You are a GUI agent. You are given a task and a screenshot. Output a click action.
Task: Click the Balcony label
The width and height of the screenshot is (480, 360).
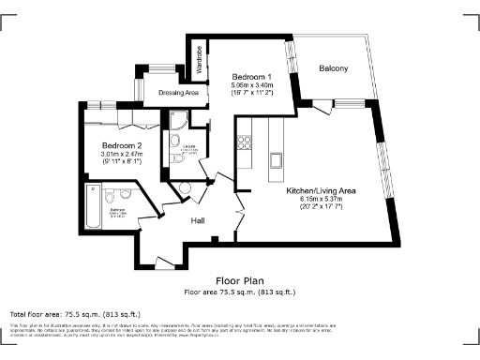[333, 69]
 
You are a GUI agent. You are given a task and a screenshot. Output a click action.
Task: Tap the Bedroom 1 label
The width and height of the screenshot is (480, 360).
[251, 76]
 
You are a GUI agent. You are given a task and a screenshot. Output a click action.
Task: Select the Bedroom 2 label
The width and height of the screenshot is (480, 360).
[122, 145]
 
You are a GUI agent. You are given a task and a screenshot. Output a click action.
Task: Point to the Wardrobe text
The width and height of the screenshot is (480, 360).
[200, 60]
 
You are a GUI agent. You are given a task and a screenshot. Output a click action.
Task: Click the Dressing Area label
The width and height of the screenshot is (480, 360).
[177, 93]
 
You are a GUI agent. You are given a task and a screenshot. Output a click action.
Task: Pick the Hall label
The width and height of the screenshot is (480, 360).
[199, 220]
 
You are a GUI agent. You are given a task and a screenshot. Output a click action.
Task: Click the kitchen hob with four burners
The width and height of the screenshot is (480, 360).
[247, 142]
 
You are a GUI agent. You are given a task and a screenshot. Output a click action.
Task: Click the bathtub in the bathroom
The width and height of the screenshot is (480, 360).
[93, 206]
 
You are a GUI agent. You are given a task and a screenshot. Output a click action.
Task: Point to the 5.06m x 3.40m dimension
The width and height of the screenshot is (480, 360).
[251, 85]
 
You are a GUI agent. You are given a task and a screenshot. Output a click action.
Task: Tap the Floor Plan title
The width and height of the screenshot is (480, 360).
[239, 280]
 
